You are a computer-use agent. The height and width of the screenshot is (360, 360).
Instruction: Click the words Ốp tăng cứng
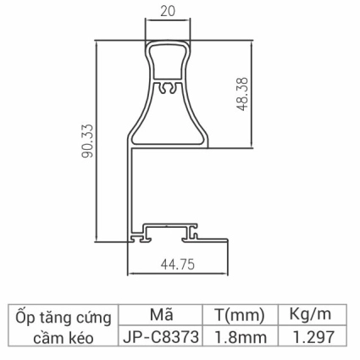click(65, 318)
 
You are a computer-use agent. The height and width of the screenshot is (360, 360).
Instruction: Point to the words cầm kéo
click(65, 337)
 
